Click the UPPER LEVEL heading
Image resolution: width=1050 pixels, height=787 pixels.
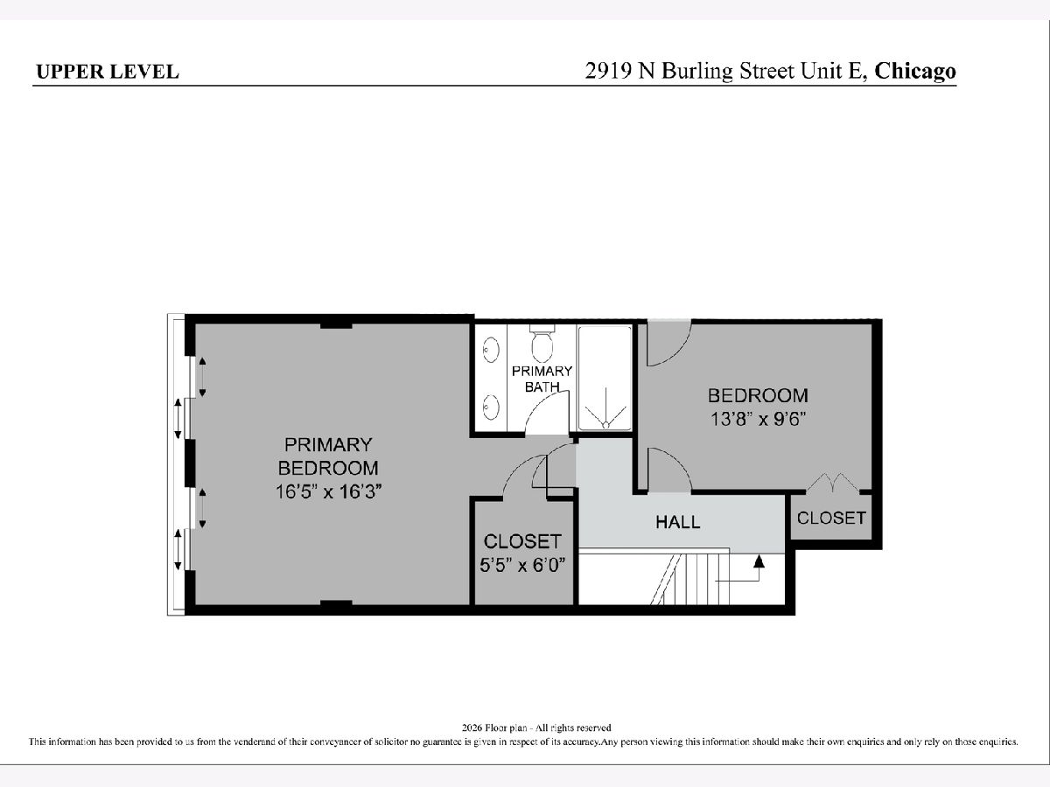pos(107,72)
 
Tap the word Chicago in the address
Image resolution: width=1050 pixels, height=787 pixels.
pos(915,71)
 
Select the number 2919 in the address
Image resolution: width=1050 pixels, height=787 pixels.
pos(608,71)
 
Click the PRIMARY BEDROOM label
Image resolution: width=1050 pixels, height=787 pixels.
pos(328,456)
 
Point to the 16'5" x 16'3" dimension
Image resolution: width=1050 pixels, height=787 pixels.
pos(328,491)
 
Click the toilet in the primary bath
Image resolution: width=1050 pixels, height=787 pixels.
pos(542,343)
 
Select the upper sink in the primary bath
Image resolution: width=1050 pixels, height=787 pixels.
pos(491,349)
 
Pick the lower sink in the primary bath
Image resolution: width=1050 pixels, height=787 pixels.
pos(491,407)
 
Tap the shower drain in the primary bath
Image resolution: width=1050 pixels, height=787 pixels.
pos(605,424)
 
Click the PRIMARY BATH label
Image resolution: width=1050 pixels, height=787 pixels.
pos(542,379)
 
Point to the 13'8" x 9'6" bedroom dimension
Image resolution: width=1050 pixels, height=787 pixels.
pos(759,420)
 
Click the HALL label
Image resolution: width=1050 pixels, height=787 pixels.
pos(678,522)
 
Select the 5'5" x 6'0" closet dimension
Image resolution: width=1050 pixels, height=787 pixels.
pos(522,566)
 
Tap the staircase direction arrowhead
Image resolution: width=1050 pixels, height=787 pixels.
pos(759,561)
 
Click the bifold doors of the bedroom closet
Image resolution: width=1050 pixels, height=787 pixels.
pos(833,482)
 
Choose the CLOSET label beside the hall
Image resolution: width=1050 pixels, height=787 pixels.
pos(831,518)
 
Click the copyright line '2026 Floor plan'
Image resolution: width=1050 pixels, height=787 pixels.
pos(536,728)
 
